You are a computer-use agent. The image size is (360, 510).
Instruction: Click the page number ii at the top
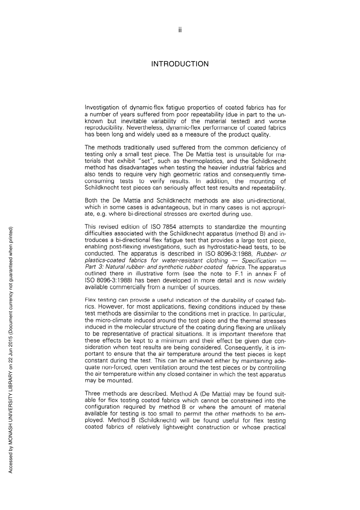(180, 30)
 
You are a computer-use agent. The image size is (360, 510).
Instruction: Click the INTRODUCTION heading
(180, 64)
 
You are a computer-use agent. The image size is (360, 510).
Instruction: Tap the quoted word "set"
(146, 161)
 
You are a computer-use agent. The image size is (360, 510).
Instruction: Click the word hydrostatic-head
(223, 247)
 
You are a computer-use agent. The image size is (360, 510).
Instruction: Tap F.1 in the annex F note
(239, 274)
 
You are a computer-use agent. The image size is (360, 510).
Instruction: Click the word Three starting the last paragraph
(92, 394)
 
